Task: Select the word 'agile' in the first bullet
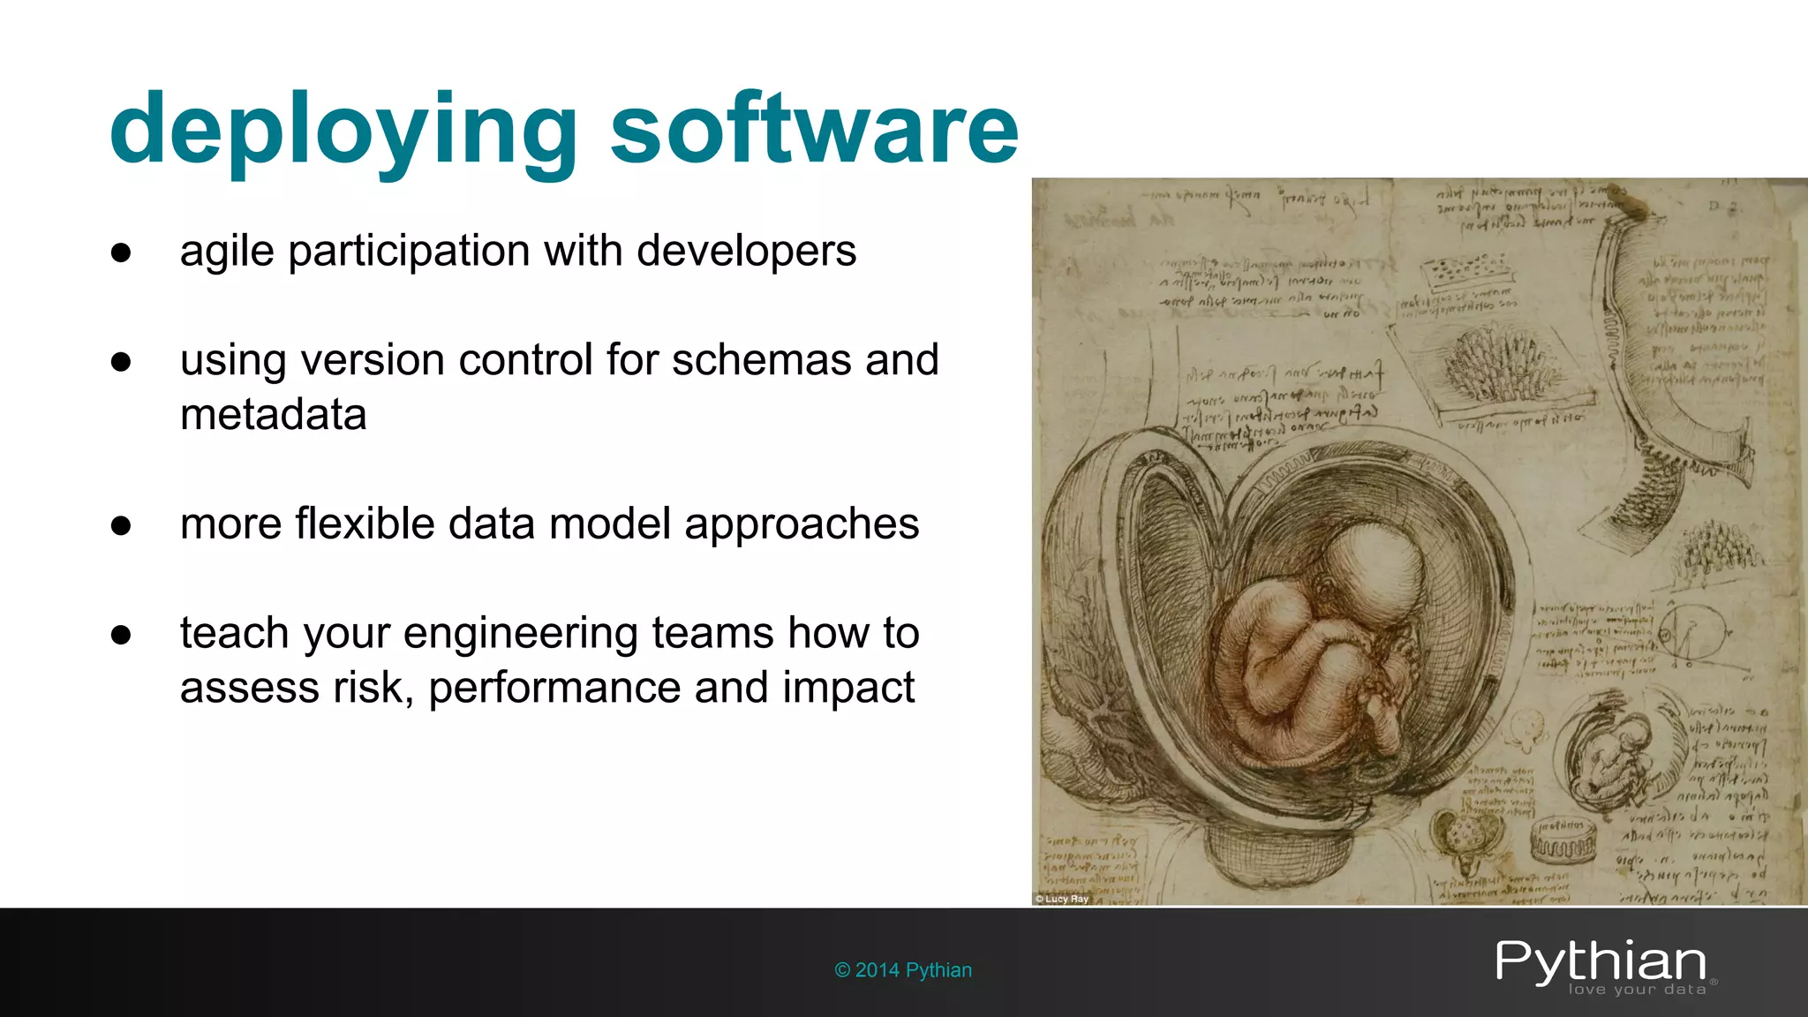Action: coord(227,252)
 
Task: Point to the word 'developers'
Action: coord(746,251)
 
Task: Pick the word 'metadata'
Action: coord(273,415)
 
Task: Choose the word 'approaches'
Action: coord(801,525)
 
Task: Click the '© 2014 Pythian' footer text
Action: coord(903,970)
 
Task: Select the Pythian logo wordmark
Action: coord(1601,961)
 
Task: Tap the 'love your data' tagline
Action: coord(1637,990)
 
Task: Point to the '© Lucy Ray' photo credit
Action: coord(1062,899)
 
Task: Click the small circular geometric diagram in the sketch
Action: coord(1691,634)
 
